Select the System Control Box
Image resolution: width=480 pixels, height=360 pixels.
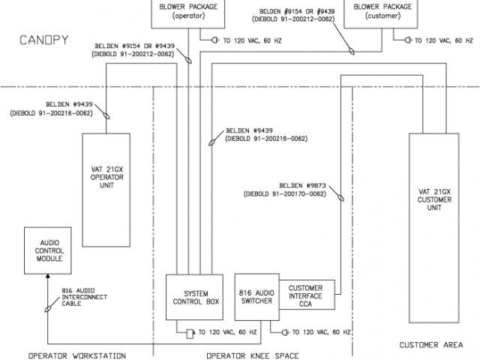pos(190,298)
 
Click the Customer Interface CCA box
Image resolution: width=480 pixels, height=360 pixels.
pos(306,295)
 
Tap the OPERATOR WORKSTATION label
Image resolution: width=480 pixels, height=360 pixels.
pos(76,355)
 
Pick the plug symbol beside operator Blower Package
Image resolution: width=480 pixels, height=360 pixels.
pos(214,40)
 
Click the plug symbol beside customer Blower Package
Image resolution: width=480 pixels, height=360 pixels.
pos(408,40)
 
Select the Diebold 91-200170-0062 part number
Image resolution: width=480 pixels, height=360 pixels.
pos(284,193)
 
